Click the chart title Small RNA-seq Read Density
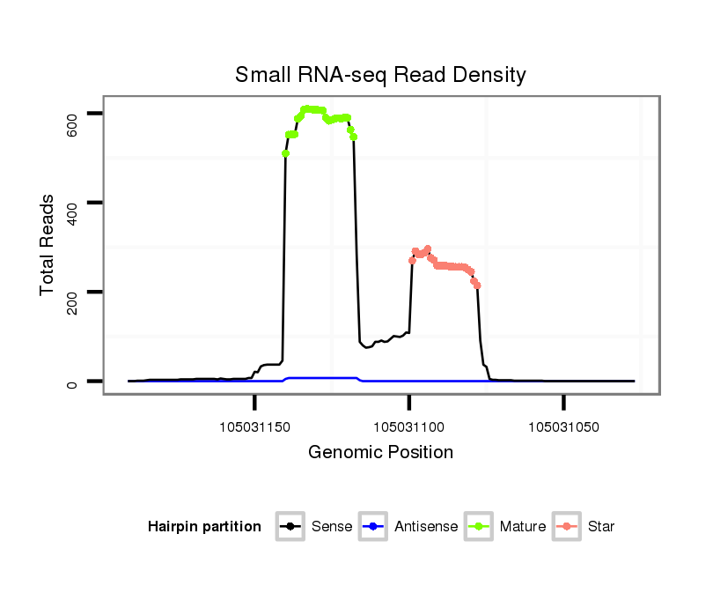[380, 75]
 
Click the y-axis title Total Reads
[48, 245]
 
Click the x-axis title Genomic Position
[380, 453]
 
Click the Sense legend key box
[290, 527]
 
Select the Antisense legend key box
[374, 527]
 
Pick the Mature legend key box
[479, 527]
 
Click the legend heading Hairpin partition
[204, 527]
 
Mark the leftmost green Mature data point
[285, 153]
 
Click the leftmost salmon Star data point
[412, 260]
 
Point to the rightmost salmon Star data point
[477, 285]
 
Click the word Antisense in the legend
[426, 527]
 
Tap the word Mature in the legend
[523, 527]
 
